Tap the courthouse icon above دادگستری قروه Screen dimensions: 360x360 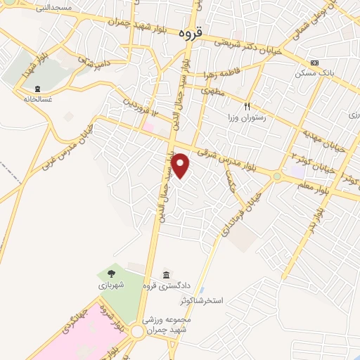tap(165, 274)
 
